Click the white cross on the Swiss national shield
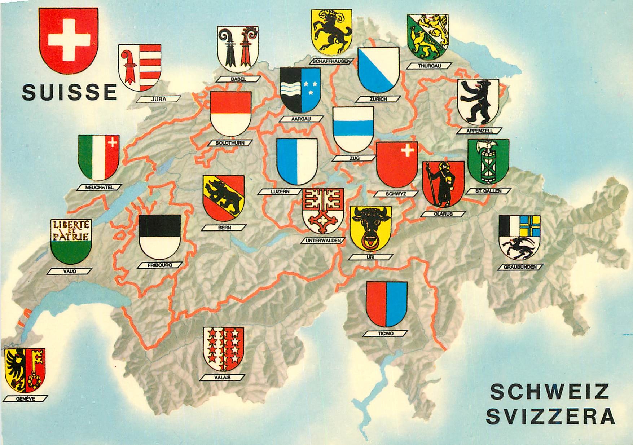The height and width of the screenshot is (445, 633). click(x=69, y=40)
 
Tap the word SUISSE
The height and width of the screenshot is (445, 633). click(x=69, y=92)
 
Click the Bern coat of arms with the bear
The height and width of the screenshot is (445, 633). click(x=223, y=195)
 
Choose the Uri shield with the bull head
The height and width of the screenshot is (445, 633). click(x=370, y=228)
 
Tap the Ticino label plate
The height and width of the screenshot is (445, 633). click(x=386, y=334)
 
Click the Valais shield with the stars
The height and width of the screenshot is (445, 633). click(x=224, y=349)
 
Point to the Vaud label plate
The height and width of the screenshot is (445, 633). click(x=71, y=271)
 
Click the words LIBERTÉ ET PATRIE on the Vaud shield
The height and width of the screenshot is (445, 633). click(x=71, y=231)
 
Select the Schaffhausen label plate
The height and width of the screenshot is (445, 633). click(x=331, y=61)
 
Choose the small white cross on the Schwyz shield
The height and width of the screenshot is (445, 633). click(x=408, y=150)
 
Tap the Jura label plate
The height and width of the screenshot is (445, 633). click(x=159, y=99)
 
